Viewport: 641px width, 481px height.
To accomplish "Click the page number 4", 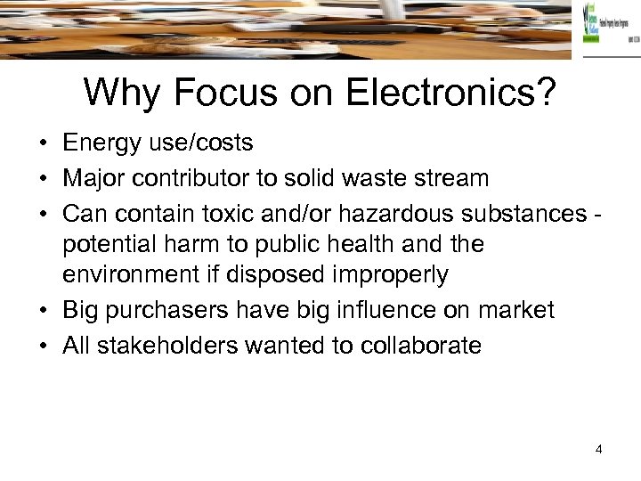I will click(599, 449).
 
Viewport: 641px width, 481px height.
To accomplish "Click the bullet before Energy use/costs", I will click(42, 143).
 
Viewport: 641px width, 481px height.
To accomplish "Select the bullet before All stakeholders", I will click(42, 346).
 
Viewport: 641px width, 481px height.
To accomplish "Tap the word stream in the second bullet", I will click(453, 178).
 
